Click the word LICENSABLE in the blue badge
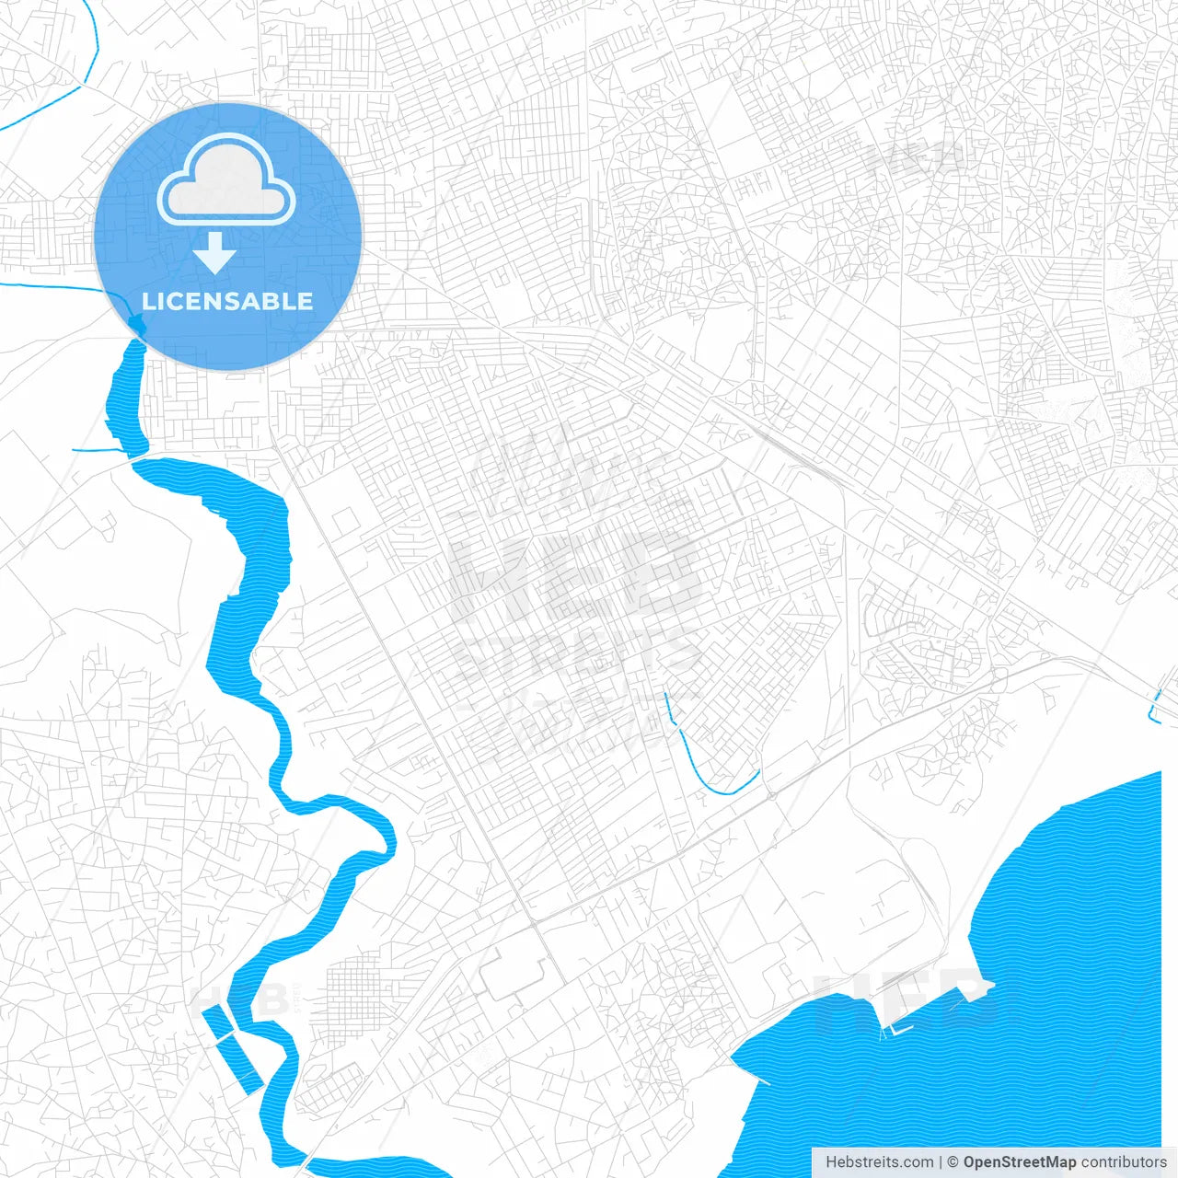click(x=227, y=301)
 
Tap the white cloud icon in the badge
click(x=226, y=181)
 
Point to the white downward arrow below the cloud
click(x=214, y=253)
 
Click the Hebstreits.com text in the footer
click(x=880, y=1162)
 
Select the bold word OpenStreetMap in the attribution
click(x=1020, y=1162)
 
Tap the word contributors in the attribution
click(x=1124, y=1162)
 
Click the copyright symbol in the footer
click(x=953, y=1162)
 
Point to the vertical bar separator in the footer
click(x=941, y=1162)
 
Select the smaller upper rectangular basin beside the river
click(x=218, y=1022)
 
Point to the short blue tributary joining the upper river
click(x=97, y=450)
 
